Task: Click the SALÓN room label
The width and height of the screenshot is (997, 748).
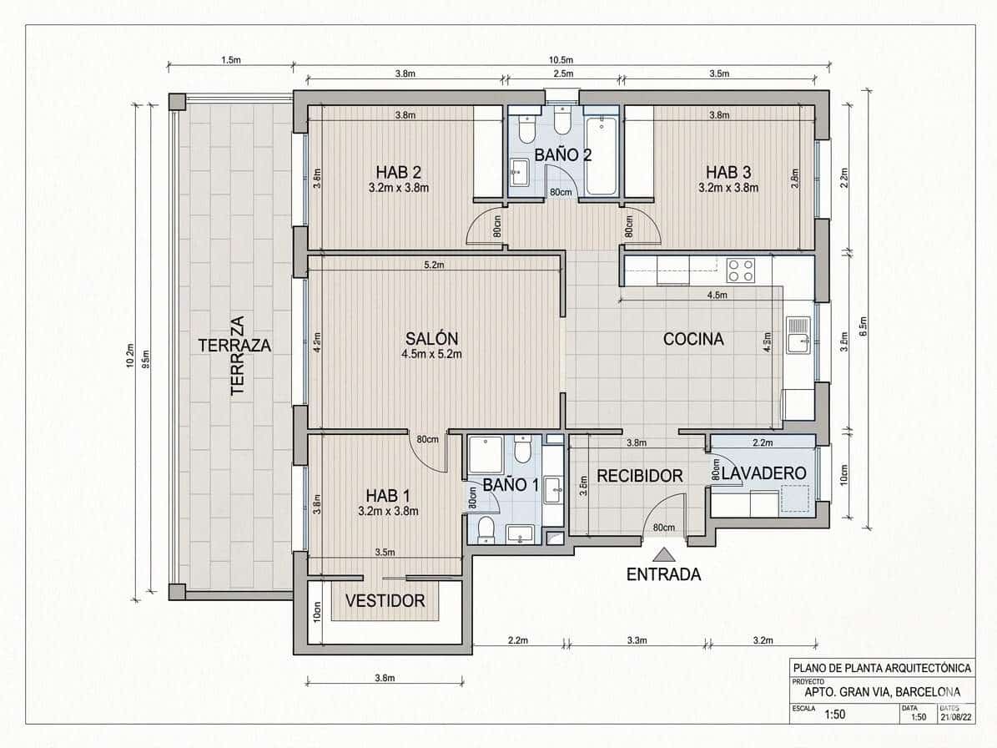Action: click(431, 338)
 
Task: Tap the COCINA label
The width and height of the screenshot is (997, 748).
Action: click(693, 339)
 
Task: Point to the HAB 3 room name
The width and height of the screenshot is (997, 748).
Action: click(728, 172)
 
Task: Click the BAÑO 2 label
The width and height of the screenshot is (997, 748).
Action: click(563, 154)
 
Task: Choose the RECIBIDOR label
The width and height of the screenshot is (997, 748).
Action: click(640, 476)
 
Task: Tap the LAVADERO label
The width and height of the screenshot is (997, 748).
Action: click(764, 473)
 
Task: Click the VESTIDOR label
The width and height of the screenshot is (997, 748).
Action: click(385, 600)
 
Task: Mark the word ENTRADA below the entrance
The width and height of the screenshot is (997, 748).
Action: click(664, 574)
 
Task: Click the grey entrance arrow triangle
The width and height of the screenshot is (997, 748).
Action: click(664, 553)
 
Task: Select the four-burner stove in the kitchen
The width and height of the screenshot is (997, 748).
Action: click(741, 270)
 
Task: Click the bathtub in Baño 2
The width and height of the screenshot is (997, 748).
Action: click(601, 156)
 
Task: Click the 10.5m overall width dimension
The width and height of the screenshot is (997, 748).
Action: click(560, 60)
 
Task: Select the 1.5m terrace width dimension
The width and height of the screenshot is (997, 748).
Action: click(231, 60)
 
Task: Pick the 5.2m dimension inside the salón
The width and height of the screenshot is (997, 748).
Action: click(434, 265)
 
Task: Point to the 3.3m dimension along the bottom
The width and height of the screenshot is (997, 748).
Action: click(636, 640)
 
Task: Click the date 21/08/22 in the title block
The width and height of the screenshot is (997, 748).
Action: click(954, 716)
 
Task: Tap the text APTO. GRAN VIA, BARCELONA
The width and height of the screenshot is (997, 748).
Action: click(882, 691)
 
